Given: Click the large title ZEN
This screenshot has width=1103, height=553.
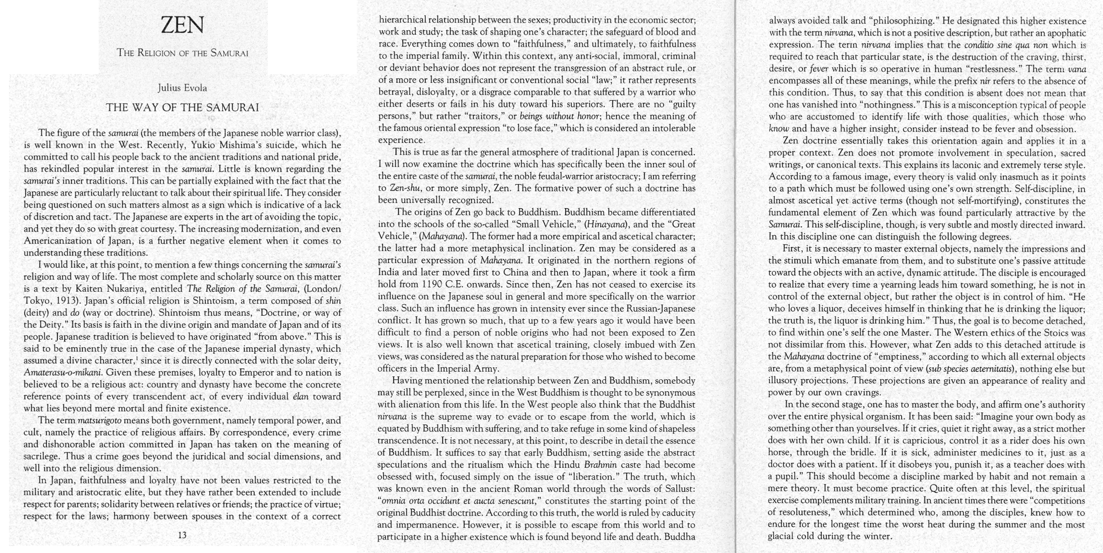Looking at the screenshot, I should tap(182, 25).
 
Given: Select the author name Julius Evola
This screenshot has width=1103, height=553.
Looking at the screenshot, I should tap(182, 88).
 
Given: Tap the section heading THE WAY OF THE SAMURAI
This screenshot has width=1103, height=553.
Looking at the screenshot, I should tap(182, 108).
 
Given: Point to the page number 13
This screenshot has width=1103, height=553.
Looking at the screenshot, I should tap(182, 535).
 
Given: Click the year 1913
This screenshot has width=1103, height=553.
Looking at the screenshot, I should tap(66, 301).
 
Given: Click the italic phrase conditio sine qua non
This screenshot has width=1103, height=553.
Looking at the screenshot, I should tap(1005, 45).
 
